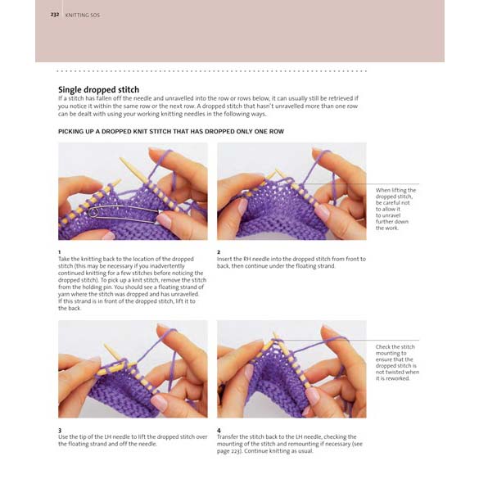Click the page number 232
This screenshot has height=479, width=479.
54,15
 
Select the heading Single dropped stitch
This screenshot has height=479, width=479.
98,89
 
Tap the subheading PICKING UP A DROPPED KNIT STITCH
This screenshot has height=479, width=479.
164,131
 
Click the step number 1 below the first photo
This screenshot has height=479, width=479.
60,251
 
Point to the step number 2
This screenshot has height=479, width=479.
219,251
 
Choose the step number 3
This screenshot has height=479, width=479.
60,430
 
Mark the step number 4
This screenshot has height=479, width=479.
219,430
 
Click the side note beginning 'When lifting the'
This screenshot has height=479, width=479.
395,209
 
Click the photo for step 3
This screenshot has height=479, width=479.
132,368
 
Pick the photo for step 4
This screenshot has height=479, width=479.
291,368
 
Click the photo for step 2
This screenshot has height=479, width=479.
291,192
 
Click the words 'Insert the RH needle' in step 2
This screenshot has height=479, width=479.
249,259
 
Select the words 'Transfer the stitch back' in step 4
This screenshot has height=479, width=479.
254,437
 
